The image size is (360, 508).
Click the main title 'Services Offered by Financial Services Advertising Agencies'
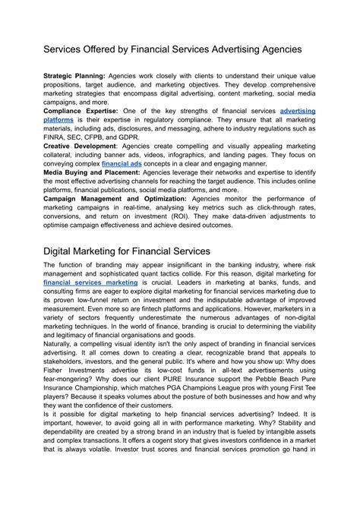tap(172, 48)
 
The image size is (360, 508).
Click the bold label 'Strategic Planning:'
tap(74, 77)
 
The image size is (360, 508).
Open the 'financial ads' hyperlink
tap(124, 162)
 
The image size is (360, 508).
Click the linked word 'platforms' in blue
tap(59, 120)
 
